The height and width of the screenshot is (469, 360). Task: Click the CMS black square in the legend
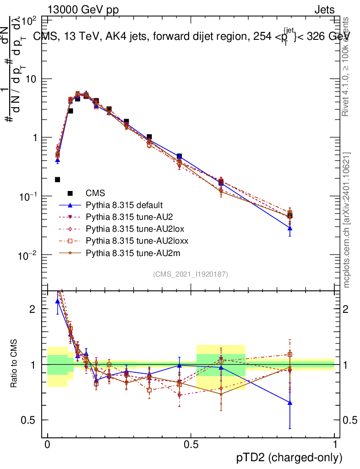[71, 193]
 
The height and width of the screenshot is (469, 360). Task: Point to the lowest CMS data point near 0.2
[57, 180]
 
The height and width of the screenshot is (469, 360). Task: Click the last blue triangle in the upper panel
[290, 228]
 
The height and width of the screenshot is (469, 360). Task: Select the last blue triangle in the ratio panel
[290, 403]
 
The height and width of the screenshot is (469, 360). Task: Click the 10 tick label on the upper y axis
[32, 79]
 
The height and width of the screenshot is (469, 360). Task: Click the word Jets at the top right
[324, 10]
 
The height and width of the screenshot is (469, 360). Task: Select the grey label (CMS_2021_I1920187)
[191, 274]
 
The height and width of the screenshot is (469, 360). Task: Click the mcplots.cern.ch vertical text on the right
[347, 220]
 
